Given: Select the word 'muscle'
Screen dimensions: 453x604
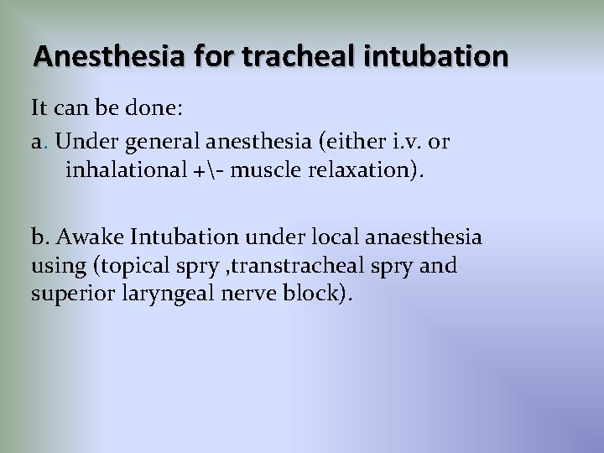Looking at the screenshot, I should (262, 171).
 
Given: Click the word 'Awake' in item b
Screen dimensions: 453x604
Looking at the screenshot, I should (84, 237).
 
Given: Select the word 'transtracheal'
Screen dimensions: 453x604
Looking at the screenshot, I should (294, 267).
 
